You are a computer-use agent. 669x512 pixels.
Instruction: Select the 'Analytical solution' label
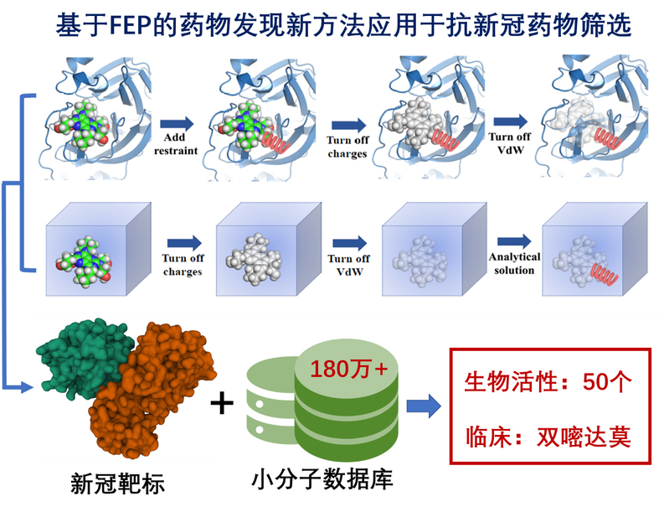(x=514, y=264)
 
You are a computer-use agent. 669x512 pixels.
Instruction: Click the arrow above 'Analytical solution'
(x=514, y=242)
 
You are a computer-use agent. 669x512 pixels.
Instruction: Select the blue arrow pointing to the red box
(x=424, y=407)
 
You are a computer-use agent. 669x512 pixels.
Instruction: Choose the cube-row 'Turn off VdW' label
(x=349, y=265)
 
